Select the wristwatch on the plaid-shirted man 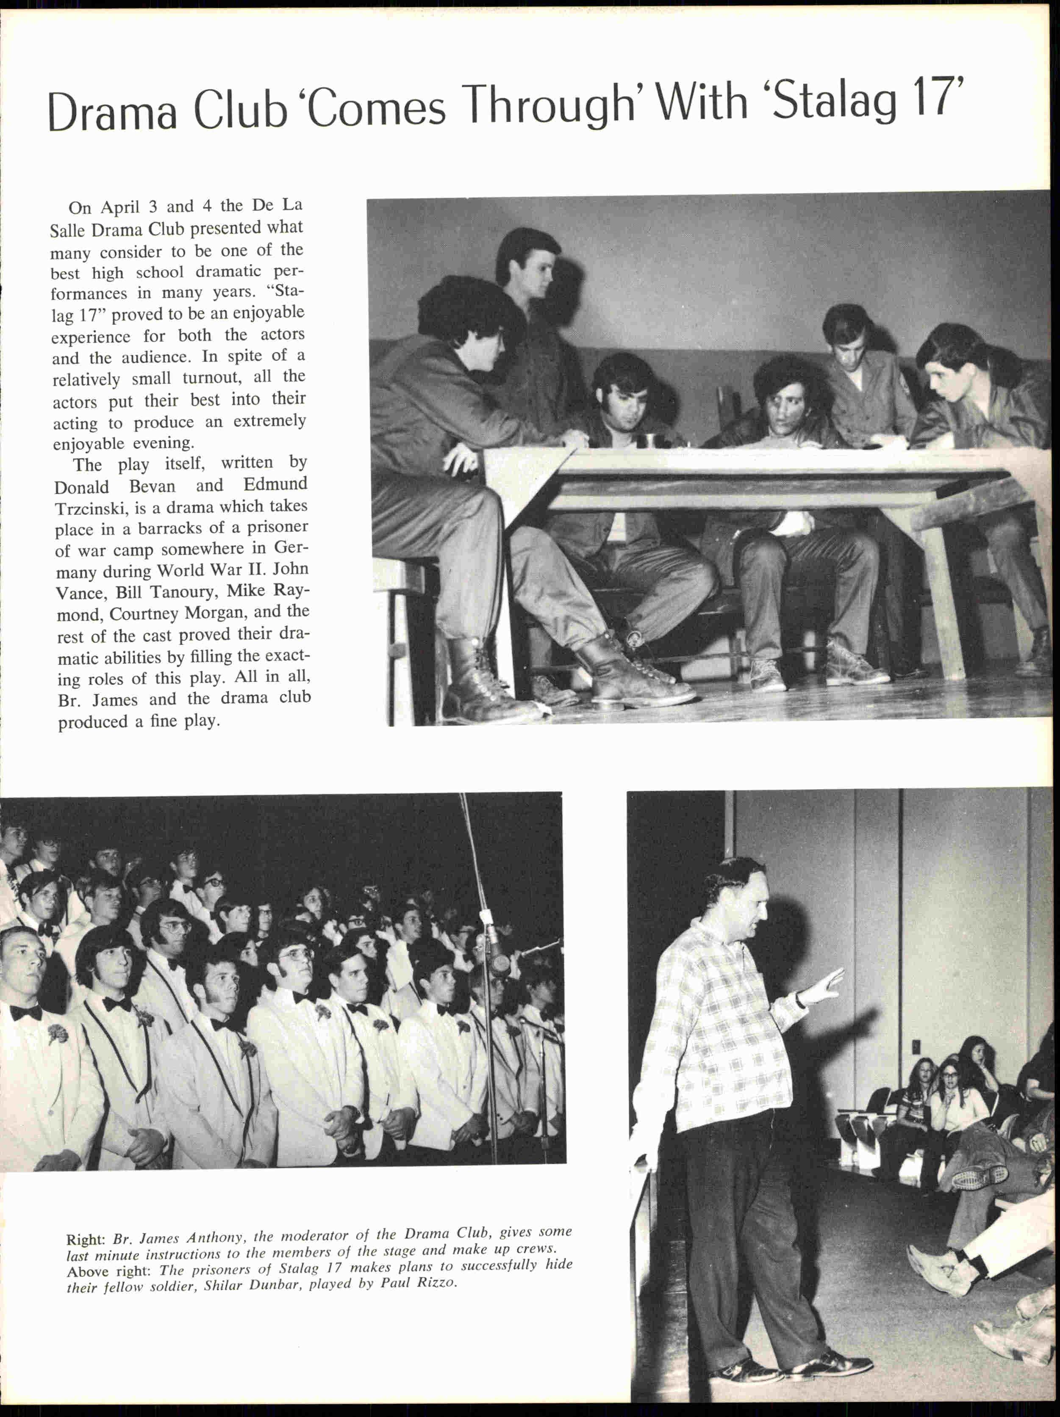click(x=800, y=999)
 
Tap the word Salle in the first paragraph click(x=67, y=230)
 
